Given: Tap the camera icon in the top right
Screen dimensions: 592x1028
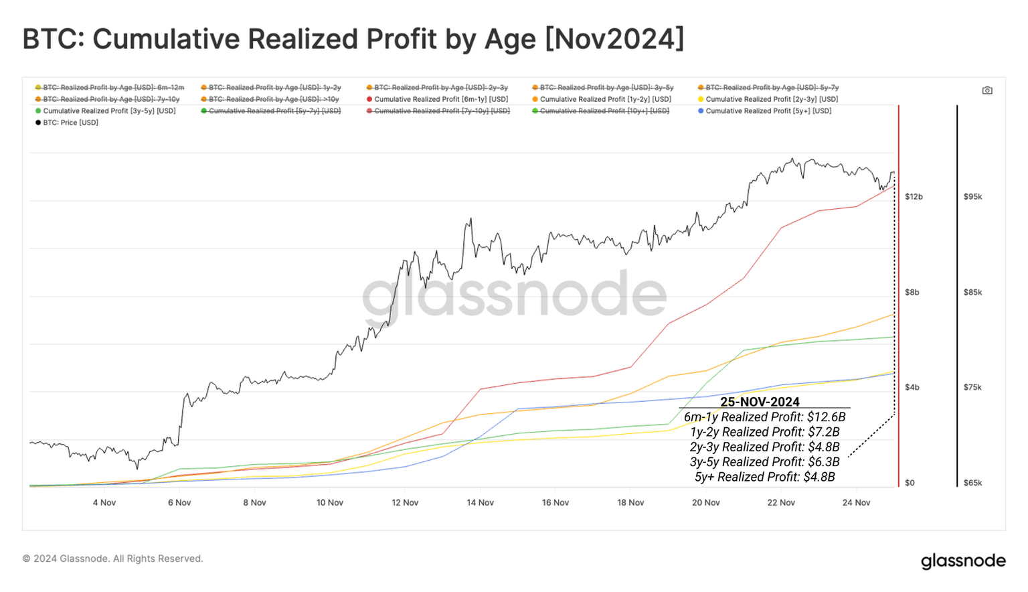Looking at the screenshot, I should pos(987,90).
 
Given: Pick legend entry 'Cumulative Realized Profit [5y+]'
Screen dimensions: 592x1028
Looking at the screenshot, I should pos(768,111).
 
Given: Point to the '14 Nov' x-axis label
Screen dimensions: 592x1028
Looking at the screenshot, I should pos(480,502).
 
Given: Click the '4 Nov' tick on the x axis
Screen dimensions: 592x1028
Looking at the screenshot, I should pos(104,502).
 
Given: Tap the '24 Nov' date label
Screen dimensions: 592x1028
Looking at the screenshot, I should pos(856,502).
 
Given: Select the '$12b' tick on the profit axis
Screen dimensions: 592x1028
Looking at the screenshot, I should pos(914,197).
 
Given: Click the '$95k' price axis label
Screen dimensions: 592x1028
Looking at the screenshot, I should pos(972,197).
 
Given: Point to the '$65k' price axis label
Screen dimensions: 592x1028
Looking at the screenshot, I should pos(972,483).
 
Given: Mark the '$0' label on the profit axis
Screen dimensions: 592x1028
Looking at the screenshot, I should pos(910,483).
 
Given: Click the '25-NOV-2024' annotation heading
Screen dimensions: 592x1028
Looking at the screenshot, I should pos(760,402).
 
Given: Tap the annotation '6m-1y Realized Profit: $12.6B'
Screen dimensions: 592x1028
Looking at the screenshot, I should pos(764,417).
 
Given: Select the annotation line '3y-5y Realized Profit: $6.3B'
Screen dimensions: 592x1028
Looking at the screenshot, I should pos(764,462).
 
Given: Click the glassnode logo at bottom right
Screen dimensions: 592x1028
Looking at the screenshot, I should pos(962,561).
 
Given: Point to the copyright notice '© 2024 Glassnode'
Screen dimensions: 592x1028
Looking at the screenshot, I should pos(112,559).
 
